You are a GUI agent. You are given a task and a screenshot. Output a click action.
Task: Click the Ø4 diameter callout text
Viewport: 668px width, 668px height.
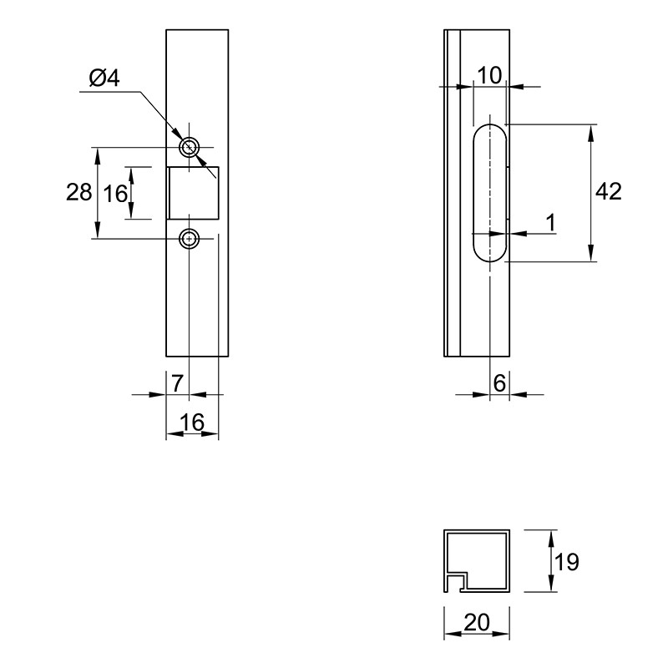104,78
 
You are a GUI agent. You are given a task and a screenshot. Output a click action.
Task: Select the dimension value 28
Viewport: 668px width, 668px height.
78,192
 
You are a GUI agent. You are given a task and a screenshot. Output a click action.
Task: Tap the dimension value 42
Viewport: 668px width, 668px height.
609,191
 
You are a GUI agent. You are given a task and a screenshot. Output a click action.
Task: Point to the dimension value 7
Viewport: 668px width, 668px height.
177,383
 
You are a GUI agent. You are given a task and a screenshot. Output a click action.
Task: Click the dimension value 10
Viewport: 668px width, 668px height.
489,76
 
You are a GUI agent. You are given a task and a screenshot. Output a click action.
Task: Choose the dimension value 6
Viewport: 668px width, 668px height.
499,383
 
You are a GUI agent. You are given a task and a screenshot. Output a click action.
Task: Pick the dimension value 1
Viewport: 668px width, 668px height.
551,223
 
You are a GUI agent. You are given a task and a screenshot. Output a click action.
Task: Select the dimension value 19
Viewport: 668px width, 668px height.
567,562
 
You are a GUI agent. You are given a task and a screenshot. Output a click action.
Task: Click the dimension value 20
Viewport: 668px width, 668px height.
477,623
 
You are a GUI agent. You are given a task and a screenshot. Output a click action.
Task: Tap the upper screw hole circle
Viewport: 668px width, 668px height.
189,148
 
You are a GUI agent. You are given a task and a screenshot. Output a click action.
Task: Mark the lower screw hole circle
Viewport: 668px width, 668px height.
189,239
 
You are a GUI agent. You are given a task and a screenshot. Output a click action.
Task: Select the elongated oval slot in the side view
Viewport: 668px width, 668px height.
473,193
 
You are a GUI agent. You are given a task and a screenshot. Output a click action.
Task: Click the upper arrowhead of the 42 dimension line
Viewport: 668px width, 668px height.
590,133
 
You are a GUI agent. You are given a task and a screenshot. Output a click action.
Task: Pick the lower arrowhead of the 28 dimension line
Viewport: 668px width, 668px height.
98,230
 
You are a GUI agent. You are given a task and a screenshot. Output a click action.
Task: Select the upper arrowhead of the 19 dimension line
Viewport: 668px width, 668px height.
551,539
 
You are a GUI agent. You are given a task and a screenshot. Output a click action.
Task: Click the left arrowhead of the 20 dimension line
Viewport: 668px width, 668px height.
453,635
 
